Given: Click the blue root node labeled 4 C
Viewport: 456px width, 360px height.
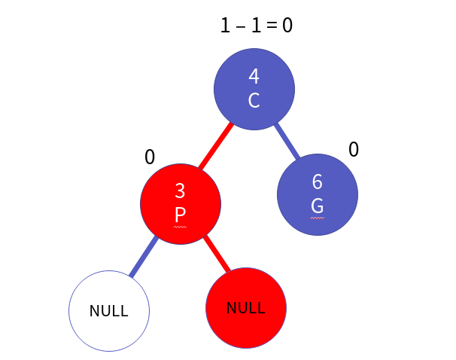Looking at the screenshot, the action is point(254,89).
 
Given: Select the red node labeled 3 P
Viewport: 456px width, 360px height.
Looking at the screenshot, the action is point(181,203).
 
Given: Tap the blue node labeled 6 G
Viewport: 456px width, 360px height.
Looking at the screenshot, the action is point(318,194).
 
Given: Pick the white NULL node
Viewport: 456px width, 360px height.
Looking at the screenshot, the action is point(109,311).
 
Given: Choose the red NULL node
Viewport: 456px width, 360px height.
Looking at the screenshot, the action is point(246,308).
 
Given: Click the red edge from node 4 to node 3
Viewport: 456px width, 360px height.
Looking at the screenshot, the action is point(216,146).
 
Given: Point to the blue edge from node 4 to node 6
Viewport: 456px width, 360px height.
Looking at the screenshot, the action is point(287,142).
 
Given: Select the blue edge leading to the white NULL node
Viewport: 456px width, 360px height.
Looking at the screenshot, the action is point(144,256).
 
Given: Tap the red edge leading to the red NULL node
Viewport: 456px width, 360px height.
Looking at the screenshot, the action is point(217,255).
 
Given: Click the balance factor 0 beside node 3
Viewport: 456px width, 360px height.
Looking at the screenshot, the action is point(150,157).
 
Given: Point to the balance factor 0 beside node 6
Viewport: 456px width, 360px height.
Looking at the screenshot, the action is point(354,150).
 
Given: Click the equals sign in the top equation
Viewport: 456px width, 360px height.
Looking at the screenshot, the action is point(272,25).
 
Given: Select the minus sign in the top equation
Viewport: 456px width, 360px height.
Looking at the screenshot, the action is point(241,26).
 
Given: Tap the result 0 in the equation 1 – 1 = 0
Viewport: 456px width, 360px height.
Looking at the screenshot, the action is point(287,25).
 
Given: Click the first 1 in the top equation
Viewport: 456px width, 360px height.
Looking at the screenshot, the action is point(225,25).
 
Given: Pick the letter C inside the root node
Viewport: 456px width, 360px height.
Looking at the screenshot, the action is point(254,100).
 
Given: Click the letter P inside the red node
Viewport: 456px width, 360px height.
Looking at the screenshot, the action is point(180,215).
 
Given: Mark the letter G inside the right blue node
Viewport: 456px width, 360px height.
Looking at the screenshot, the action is point(318,206).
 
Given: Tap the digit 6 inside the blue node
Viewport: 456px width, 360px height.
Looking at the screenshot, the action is point(318,182).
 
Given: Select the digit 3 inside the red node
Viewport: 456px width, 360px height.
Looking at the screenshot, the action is point(180,191).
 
